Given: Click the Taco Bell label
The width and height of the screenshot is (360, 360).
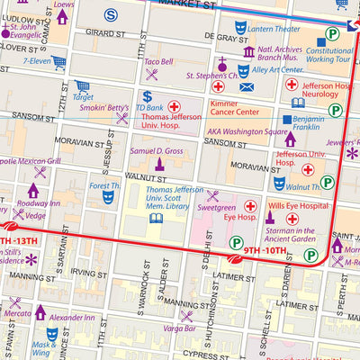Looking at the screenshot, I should pyautogui.click(x=158, y=62).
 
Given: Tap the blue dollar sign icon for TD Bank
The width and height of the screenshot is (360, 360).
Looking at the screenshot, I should pyautogui.click(x=147, y=95).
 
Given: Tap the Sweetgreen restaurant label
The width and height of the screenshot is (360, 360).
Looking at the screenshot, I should pyautogui.click(x=216, y=207).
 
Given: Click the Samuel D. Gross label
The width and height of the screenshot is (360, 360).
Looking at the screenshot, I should pyautogui.click(x=158, y=151).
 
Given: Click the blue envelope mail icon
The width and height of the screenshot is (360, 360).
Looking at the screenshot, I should pyautogui.click(x=246, y=87).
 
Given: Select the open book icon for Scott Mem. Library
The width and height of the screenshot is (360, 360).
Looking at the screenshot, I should pyautogui.click(x=156, y=218).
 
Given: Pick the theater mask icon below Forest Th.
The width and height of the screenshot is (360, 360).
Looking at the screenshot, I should pyautogui.click(x=108, y=196).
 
